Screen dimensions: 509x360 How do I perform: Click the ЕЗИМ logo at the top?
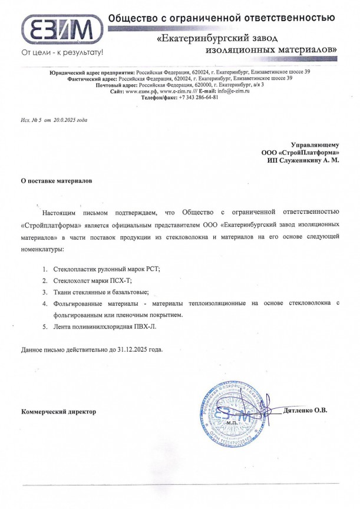[60, 28]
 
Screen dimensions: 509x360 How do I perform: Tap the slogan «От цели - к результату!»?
[62, 52]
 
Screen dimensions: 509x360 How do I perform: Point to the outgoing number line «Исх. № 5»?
[31, 120]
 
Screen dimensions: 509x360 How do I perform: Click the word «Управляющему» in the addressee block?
[315, 145]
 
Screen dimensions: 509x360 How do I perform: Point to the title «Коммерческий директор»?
[58, 411]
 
